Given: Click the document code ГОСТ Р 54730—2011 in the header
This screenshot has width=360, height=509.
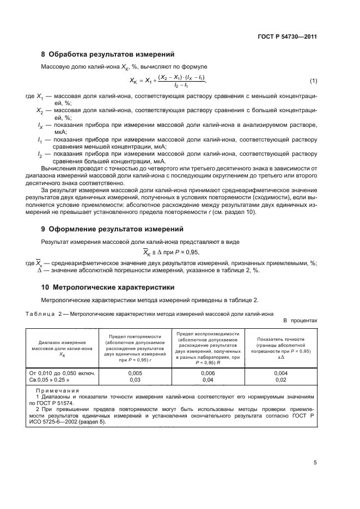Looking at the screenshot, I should coord(287,37).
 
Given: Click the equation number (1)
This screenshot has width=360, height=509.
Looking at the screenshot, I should coord(313,81).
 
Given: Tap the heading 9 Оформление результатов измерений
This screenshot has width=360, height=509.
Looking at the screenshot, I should coord(112,229).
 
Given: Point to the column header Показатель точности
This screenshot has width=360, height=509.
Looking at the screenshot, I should coord(280,339).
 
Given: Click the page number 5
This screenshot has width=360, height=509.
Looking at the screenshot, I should coord(315,463).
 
